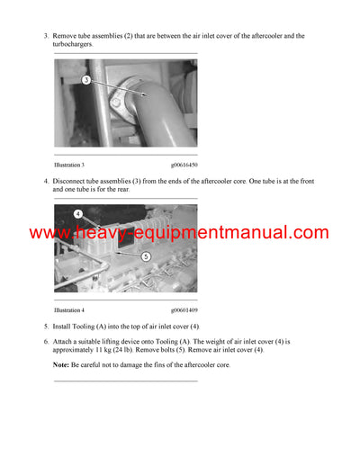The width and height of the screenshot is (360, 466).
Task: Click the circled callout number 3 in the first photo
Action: tap(85, 80)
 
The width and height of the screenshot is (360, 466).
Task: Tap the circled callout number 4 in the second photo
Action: tap(78, 214)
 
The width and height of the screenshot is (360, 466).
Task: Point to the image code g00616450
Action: tap(184, 166)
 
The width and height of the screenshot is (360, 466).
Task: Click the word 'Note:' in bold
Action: tap(61, 365)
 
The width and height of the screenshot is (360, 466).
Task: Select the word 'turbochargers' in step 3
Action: tap(78, 44)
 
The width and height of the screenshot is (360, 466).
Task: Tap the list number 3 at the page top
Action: tap(45, 36)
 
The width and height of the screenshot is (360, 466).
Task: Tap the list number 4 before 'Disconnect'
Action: tap(45, 181)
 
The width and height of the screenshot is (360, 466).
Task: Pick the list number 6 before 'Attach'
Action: tap(45, 342)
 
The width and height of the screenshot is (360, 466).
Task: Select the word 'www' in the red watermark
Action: tap(49, 233)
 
